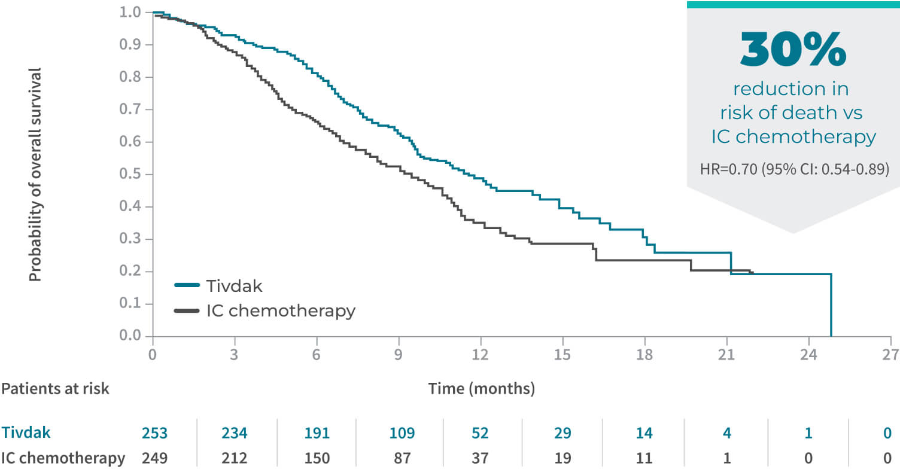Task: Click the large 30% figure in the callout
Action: pos(793,50)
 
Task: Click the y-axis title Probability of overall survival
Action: pos(36,174)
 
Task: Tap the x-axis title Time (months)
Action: pos(481,389)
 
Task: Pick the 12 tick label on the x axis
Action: pos(481,354)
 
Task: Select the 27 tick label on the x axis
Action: pos(890,354)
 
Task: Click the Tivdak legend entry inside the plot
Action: pos(218,285)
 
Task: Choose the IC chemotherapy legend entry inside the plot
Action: pos(264,311)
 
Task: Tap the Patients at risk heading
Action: pos(55,389)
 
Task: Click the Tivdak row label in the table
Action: pos(25,433)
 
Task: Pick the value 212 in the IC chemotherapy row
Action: pos(235,458)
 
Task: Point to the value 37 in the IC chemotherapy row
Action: pos(481,458)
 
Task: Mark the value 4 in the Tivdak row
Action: pos(726,433)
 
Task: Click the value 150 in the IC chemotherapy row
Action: pos(317,458)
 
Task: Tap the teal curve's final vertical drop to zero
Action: pos(831,305)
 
